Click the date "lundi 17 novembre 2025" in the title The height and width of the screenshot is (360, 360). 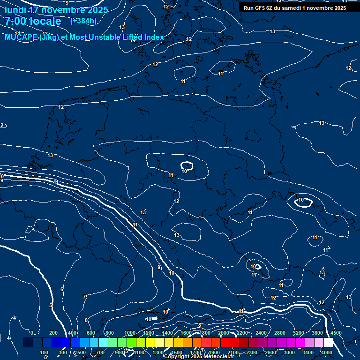[x=56, y=10]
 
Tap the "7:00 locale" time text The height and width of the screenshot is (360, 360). [x=33, y=21]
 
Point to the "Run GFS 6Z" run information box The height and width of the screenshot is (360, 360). [x=295, y=8]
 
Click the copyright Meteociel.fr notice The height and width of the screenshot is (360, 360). [x=199, y=357]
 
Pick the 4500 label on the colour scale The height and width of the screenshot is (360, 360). [x=336, y=332]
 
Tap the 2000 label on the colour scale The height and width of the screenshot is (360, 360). [x=224, y=332]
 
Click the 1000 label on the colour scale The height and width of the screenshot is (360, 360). [x=130, y=332]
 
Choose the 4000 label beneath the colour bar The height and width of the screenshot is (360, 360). [x=327, y=352]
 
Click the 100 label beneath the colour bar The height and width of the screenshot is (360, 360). [x=44, y=352]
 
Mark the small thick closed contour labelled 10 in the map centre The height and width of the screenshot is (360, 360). [x=187, y=165]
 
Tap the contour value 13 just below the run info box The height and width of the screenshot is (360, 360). [x=272, y=31]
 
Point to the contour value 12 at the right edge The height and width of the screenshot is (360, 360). [x=348, y=68]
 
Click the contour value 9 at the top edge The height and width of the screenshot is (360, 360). [x=67, y=3]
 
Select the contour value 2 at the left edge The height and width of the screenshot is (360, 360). [x=2, y=125]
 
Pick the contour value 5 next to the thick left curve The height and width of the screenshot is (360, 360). [x=51, y=305]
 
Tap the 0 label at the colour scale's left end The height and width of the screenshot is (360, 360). [x=32, y=332]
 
